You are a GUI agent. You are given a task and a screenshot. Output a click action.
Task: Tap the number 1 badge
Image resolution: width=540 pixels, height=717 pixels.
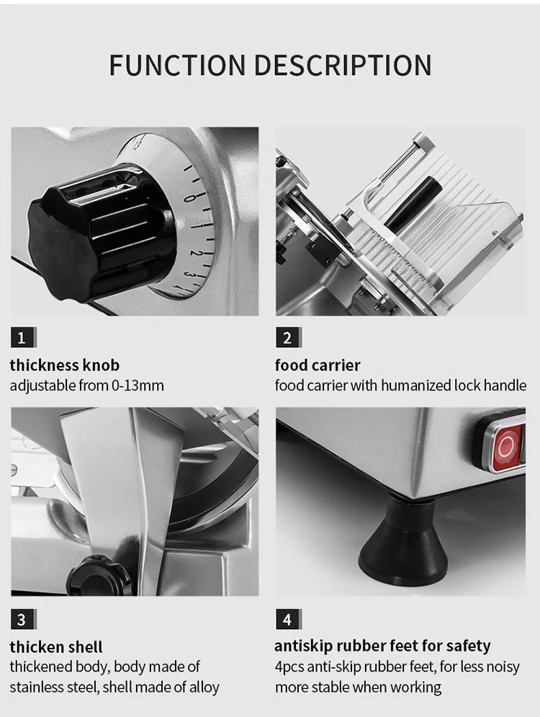tap(22, 337)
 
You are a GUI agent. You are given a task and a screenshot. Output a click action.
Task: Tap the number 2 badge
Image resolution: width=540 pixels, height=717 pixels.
tap(287, 337)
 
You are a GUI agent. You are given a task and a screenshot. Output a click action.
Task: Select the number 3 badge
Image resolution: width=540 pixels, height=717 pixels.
tap(22, 619)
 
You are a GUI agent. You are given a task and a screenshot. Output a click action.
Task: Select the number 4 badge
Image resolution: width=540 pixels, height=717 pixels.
tap(287, 619)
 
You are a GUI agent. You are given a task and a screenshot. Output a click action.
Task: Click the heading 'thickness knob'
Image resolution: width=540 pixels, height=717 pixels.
tap(65, 365)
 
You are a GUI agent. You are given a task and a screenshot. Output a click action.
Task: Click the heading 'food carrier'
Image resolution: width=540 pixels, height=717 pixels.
tap(318, 365)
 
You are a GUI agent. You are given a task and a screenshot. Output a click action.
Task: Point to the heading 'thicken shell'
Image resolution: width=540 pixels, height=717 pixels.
tap(56, 646)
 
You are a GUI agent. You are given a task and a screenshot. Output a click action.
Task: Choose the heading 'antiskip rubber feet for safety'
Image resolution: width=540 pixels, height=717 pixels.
tap(382, 646)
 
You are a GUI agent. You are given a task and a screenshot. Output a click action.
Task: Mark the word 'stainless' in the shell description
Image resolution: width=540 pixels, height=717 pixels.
tap(40, 687)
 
